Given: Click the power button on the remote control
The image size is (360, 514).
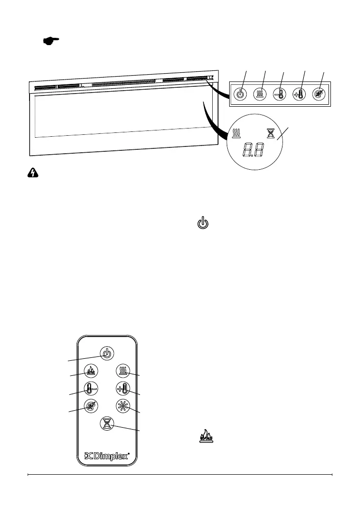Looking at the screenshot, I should (x=107, y=353).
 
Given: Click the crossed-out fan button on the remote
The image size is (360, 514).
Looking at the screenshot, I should (x=91, y=406).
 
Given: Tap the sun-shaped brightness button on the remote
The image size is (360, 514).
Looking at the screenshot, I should (x=123, y=406).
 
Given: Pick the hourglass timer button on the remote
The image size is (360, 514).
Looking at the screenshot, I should (x=107, y=423).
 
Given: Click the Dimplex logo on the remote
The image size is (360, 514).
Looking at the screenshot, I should (x=107, y=456).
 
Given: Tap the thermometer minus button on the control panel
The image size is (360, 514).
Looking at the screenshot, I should (x=280, y=94).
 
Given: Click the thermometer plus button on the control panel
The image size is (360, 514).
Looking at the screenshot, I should (x=300, y=94).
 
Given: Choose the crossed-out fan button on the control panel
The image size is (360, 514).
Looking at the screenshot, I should (x=320, y=94).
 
